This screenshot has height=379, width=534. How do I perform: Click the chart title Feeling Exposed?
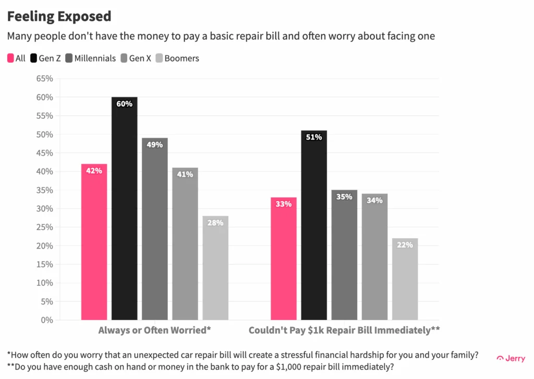pos(59,17)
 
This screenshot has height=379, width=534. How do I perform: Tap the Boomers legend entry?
pos(177,58)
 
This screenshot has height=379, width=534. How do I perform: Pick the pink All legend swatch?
pos(10,58)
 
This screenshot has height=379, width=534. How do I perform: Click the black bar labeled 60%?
pos(124,209)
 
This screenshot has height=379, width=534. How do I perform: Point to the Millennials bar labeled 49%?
pos(154,229)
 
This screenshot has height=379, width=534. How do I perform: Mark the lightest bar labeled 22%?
pos(405,279)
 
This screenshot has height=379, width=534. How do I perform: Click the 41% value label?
pos(185,175)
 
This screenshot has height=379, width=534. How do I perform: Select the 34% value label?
pos(374,201)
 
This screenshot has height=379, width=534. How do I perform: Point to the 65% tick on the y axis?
pos(44,79)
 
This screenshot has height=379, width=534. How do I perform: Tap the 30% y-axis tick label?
pos(44,209)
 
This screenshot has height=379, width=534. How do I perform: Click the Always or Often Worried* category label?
pos(154,331)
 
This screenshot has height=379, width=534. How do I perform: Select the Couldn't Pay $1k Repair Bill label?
pos(344,331)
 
